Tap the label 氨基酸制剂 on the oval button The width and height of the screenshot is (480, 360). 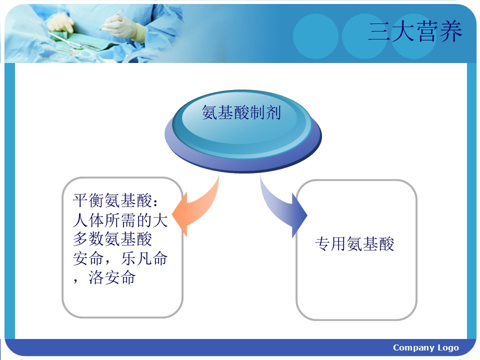point(241,112)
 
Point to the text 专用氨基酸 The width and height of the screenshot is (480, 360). point(354,244)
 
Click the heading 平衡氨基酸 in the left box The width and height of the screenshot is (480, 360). point(112,200)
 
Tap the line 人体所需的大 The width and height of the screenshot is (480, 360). point(120,220)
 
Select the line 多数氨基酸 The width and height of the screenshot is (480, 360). point(112,239)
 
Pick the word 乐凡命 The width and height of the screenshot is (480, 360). point(144,258)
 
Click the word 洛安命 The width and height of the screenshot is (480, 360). point(112,277)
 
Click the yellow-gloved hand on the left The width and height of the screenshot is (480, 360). point(60,23)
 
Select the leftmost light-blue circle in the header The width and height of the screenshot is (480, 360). point(315,36)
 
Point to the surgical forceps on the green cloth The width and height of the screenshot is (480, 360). point(66,42)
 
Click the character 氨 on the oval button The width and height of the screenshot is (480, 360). point(209,112)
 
